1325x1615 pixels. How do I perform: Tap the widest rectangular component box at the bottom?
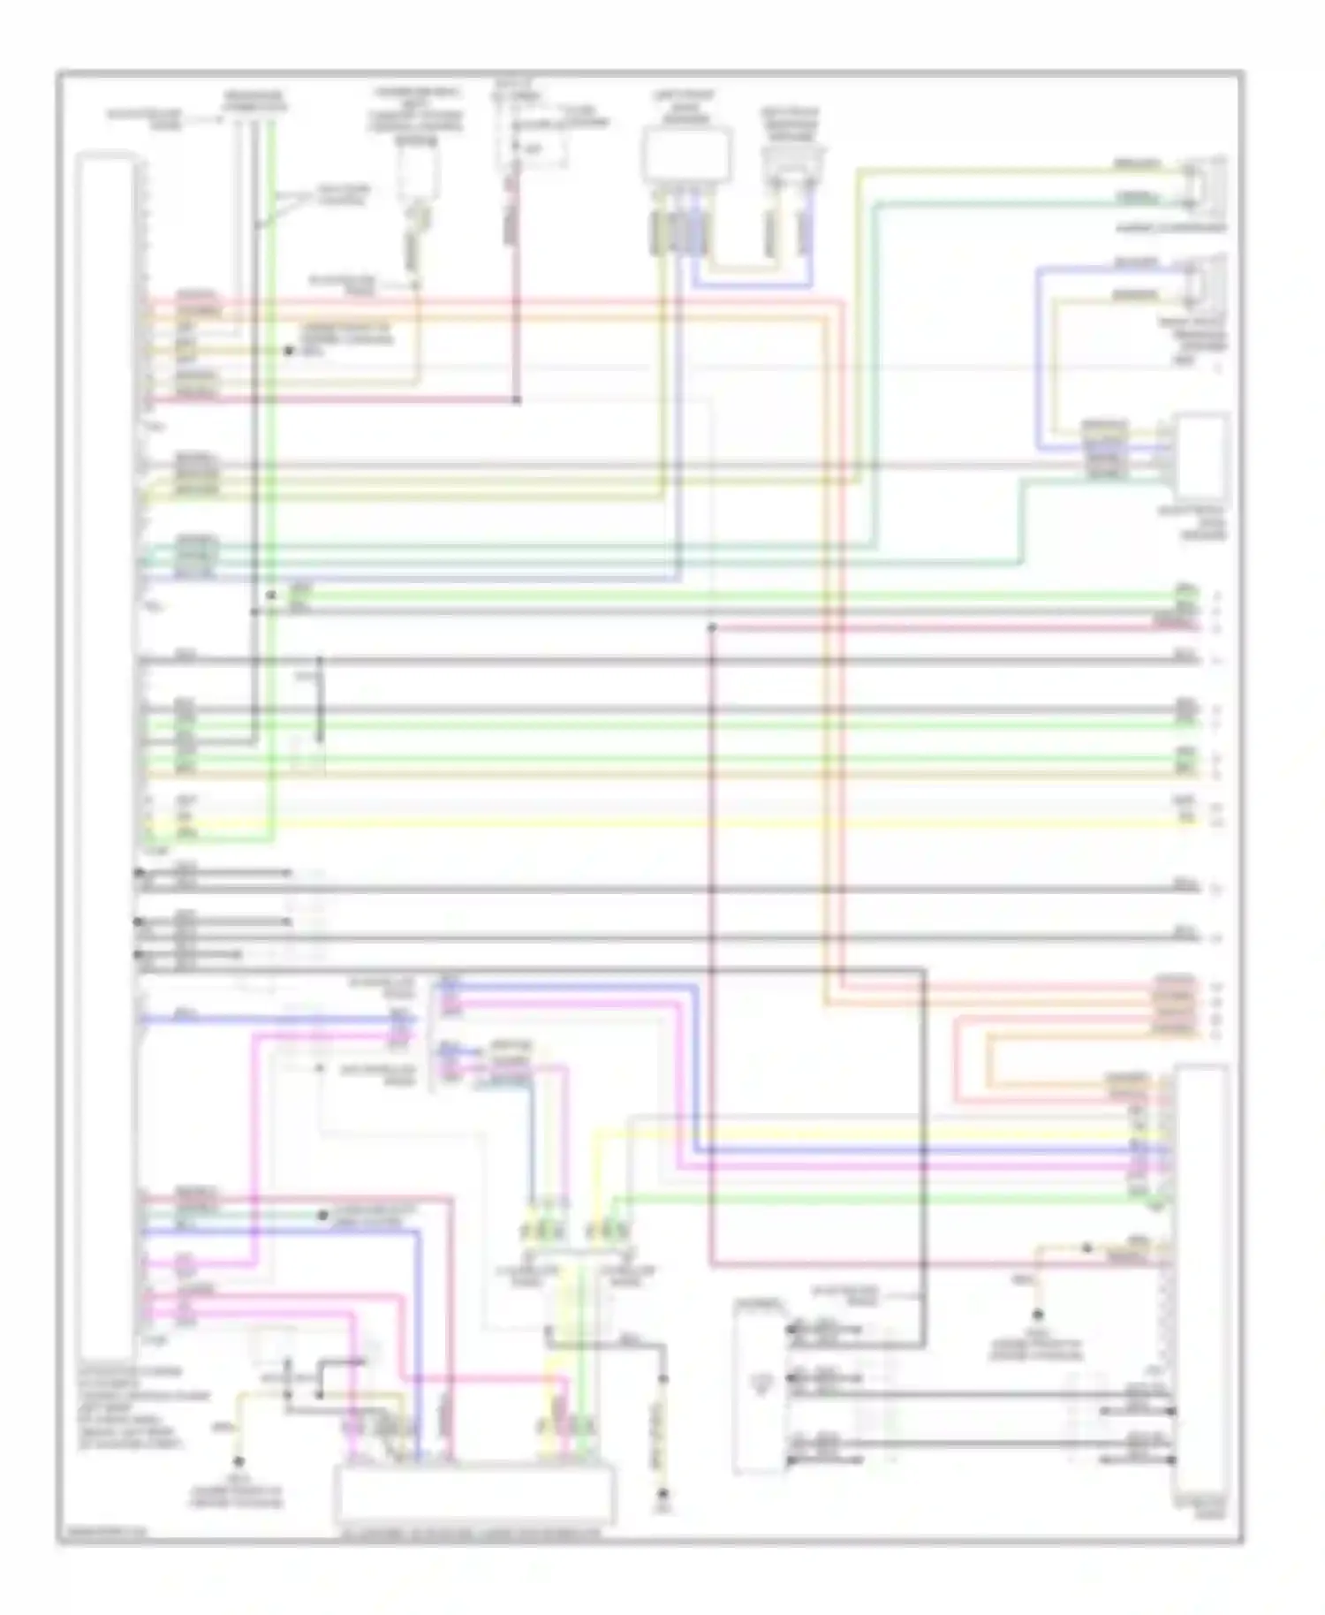[474, 1493]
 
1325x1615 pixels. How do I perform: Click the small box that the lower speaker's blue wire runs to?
[1200, 459]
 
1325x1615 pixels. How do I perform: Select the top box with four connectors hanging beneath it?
[687, 155]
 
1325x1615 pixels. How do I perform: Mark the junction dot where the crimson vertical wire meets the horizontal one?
[517, 400]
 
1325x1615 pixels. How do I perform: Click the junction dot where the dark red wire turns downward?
[712, 628]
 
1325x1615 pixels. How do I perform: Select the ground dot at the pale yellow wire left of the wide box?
[238, 1461]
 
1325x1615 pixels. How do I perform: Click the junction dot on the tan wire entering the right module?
[1087, 1248]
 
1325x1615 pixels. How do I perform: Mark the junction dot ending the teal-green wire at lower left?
[324, 1216]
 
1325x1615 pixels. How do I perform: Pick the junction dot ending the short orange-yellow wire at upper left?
[288, 351]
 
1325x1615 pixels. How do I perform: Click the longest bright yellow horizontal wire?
[671, 823]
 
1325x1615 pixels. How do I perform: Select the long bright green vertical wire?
[272, 477]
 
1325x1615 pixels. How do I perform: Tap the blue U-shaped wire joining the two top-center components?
[751, 284]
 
